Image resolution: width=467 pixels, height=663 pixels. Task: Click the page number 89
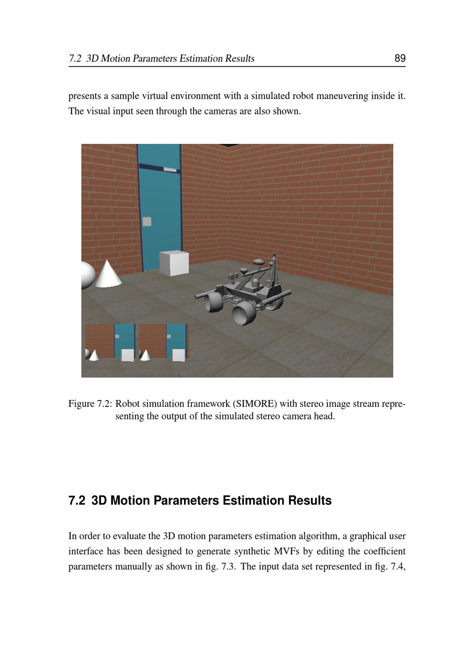(x=400, y=58)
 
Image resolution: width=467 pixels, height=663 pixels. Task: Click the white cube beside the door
(x=174, y=263)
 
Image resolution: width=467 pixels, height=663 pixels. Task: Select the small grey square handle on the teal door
(x=147, y=221)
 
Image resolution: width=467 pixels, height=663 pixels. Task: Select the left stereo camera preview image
(x=110, y=342)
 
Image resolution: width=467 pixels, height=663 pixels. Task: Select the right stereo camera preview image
(x=163, y=342)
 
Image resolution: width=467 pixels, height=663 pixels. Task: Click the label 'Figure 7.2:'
(x=90, y=404)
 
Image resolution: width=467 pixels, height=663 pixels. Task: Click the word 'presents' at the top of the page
(x=85, y=96)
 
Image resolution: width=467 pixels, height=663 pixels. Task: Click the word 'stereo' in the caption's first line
(x=312, y=404)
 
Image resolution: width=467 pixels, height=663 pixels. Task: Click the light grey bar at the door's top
(x=170, y=170)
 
